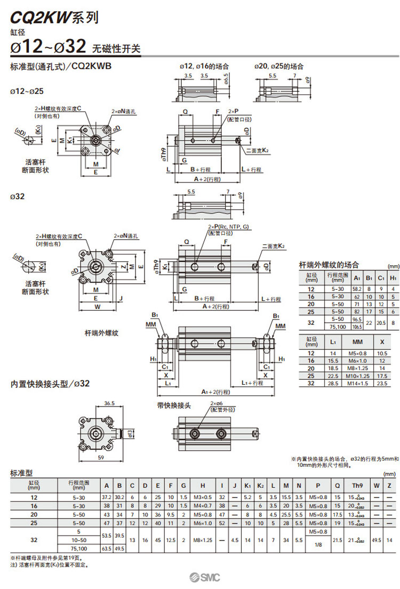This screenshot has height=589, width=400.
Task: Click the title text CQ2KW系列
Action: [54, 18]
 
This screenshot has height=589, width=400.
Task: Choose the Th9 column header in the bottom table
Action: [357, 485]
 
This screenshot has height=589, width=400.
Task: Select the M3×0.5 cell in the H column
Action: [203, 497]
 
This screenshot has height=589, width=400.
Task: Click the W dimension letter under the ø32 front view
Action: [97, 307]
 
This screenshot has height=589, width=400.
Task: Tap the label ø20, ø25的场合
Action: [279, 67]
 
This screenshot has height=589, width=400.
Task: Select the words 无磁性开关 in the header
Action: [117, 49]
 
